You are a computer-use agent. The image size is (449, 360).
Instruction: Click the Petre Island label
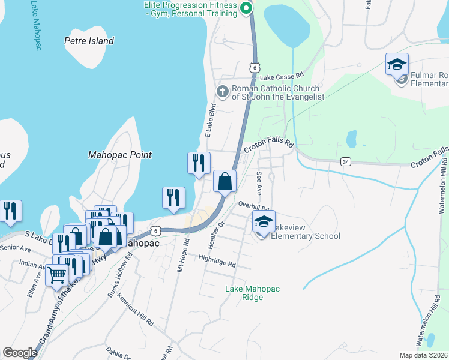click(x=89, y=41)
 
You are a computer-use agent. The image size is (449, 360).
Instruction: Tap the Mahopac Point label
click(x=119, y=155)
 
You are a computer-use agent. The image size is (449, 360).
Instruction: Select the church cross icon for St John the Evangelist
click(x=222, y=91)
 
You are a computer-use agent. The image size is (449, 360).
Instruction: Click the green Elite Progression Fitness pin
click(x=245, y=8)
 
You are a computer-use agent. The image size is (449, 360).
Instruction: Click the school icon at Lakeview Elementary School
click(x=263, y=221)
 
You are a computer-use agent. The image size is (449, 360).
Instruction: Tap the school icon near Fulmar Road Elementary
click(x=397, y=64)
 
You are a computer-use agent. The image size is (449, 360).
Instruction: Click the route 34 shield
click(x=345, y=161)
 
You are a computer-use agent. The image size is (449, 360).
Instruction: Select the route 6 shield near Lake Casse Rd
click(x=255, y=68)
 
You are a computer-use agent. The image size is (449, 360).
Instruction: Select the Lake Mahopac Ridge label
click(x=252, y=293)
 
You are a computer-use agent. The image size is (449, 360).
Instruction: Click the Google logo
click(x=20, y=353)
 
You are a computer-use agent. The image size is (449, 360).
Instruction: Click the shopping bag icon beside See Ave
click(x=224, y=181)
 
